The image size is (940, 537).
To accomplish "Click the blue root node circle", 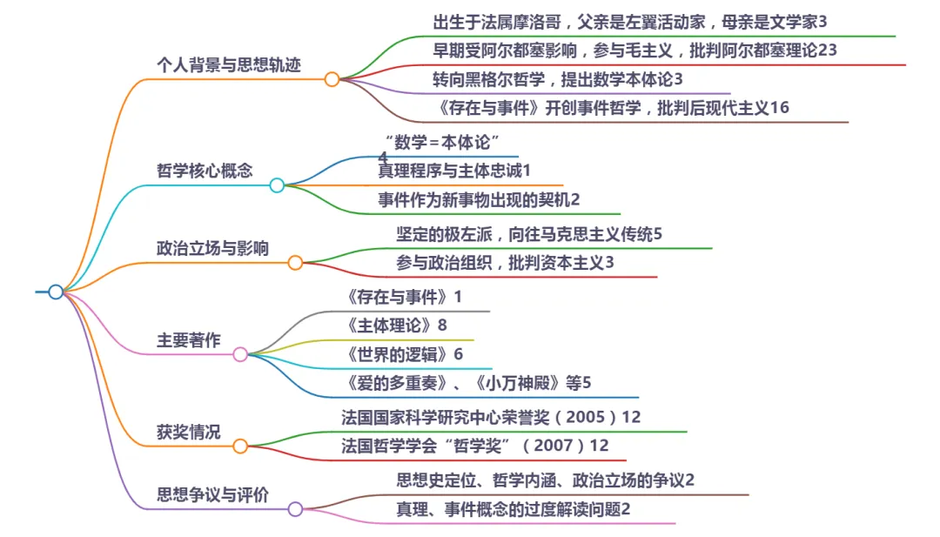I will click(56, 292).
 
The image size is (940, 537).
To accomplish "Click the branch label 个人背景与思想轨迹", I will click(228, 65).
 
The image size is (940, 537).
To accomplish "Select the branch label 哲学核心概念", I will click(205, 171).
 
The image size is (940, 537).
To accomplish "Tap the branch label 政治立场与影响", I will click(212, 248).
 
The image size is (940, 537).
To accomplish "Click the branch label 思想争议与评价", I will click(212, 494).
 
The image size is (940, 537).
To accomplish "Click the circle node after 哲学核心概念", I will click(277, 185).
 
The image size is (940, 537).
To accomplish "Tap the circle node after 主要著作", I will click(240, 354).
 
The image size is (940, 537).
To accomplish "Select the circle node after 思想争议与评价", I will click(295, 509).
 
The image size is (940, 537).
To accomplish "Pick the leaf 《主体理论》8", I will click(396, 326).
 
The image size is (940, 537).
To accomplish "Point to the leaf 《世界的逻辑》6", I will click(404, 354).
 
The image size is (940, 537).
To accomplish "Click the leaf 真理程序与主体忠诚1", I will click(453, 171).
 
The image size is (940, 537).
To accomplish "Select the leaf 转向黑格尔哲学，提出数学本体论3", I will click(557, 79).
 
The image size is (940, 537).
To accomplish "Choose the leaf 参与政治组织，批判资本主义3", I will click(505, 263).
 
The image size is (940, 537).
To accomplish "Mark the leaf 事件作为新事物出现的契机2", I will click(478, 199).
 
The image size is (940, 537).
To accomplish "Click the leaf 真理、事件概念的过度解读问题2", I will click(513, 509).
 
